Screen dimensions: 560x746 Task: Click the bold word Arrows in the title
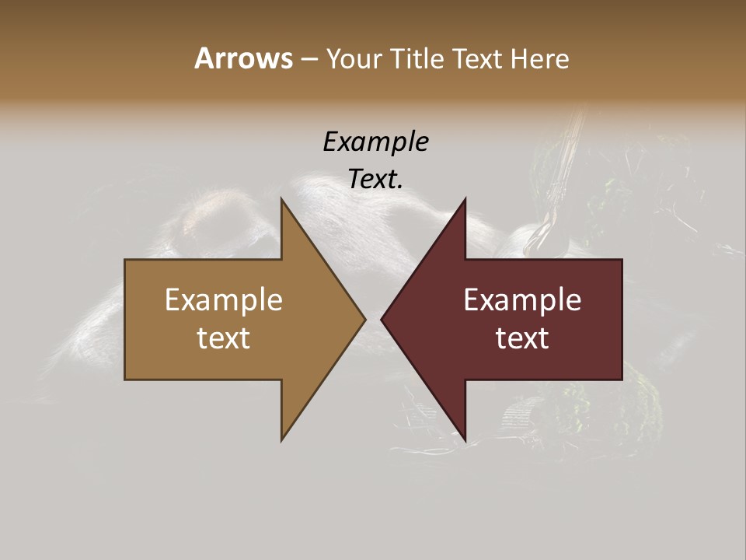coord(242,58)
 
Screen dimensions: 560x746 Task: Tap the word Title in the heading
coord(417,59)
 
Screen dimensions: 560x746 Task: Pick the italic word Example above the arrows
coord(375,142)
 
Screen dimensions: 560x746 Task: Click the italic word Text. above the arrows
coord(375,179)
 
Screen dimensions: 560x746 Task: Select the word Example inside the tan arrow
coord(224,299)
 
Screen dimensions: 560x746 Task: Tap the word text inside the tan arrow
coord(224,338)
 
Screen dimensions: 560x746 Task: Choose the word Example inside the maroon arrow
coord(522,299)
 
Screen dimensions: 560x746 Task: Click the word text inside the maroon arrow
coord(522,338)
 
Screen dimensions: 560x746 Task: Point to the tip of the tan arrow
coord(365,319)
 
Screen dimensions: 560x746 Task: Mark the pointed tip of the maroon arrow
coord(382,319)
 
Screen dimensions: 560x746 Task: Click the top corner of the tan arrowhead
coord(282,199)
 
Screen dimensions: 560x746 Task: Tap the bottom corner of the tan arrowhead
coord(282,440)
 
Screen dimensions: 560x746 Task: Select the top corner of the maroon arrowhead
coord(465,199)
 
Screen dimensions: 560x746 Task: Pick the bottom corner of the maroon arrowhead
coord(465,440)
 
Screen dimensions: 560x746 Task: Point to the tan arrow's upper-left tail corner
coord(125,260)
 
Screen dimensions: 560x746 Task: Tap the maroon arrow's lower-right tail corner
coord(622,380)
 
